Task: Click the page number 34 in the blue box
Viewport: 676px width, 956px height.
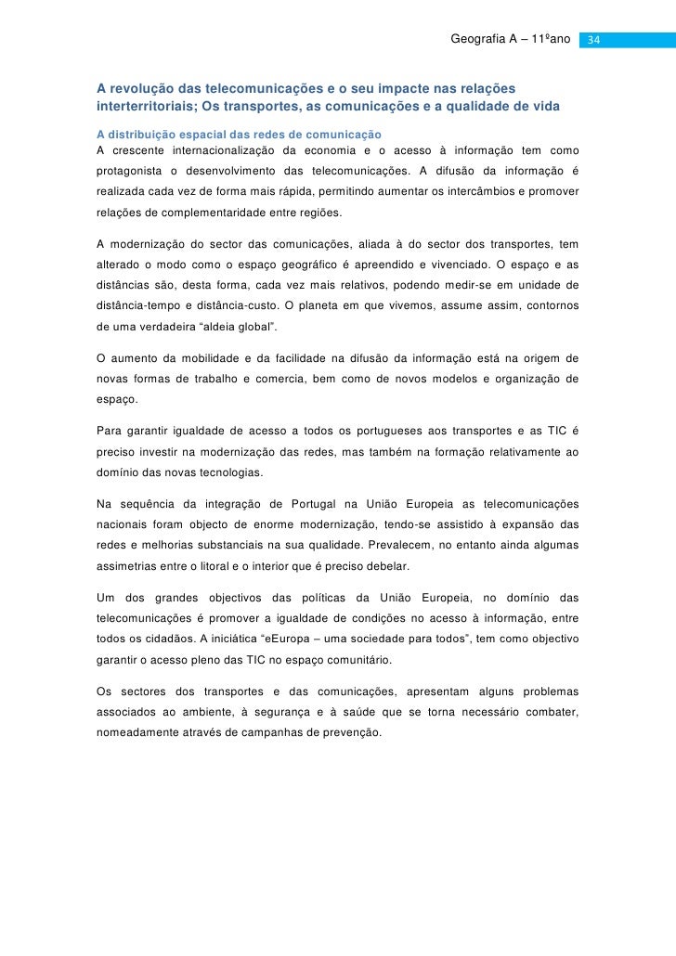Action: pos(595,41)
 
